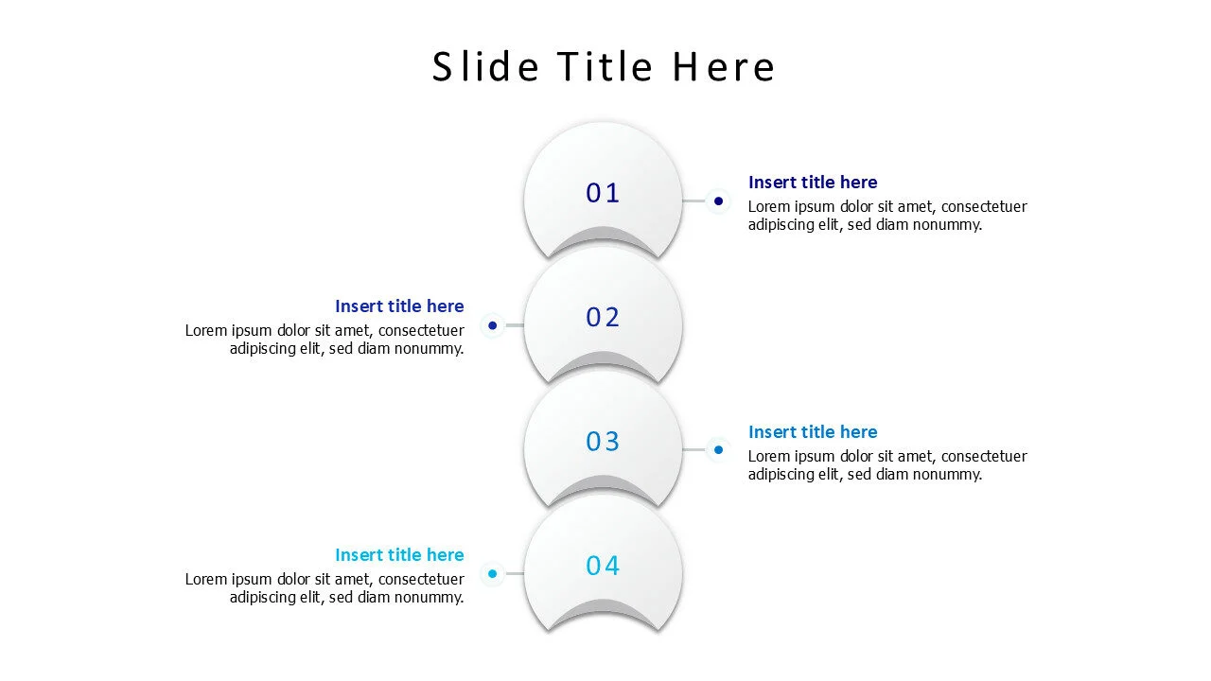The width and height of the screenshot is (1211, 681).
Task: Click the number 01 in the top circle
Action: click(603, 193)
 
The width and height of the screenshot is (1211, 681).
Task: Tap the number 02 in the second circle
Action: click(603, 317)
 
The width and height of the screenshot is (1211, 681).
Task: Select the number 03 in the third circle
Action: click(603, 442)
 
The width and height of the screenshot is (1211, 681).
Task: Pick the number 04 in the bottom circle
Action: click(603, 566)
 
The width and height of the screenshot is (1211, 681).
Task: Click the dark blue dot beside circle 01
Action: click(718, 201)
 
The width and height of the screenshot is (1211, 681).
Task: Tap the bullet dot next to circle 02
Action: click(493, 325)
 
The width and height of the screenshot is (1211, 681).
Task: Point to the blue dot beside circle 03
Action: click(718, 449)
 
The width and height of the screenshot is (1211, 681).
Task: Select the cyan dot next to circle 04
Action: click(493, 573)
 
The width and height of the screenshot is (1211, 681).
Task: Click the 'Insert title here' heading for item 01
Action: click(813, 183)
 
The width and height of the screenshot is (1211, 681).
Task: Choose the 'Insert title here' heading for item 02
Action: click(399, 306)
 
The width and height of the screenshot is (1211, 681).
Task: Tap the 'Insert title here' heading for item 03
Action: click(813, 432)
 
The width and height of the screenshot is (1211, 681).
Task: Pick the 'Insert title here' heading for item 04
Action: click(399, 555)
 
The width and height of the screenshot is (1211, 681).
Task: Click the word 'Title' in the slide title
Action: click(605, 66)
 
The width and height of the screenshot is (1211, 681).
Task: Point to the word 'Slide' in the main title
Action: click(485, 66)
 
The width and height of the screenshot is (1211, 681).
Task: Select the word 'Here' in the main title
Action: click(724, 66)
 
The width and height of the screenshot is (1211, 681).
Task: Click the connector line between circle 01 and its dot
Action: click(694, 201)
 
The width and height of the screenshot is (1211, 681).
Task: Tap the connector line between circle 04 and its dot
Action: click(514, 573)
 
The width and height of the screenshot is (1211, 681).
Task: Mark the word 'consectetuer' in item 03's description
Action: click(984, 457)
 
